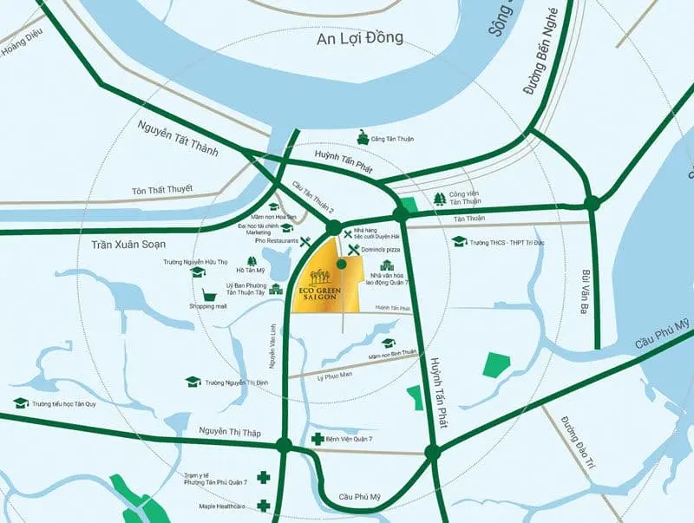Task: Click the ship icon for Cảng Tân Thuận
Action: coord(361,138)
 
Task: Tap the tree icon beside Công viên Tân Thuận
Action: coord(440,199)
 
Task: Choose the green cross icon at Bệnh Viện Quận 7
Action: coord(318,440)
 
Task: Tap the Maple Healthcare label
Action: coord(222,506)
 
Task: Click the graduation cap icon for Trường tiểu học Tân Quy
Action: coord(21,402)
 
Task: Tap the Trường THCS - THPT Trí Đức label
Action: coord(511,241)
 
